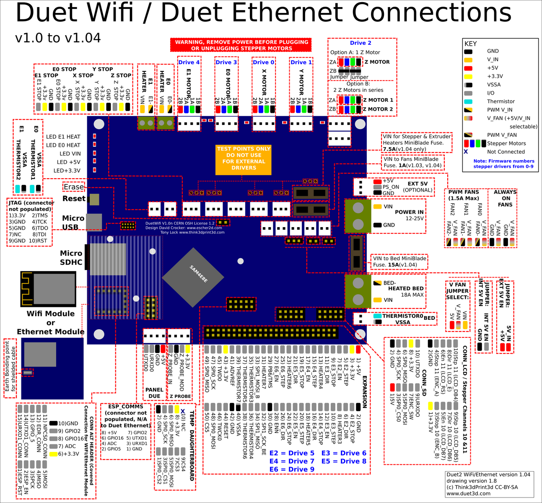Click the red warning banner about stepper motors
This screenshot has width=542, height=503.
[x=241, y=45]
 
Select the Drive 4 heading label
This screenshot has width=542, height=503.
[x=189, y=62]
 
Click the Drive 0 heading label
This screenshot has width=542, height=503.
[x=264, y=62]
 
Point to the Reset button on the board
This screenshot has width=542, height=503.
[x=94, y=199]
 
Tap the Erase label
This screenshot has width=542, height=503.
[x=73, y=187]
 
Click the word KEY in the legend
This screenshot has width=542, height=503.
[x=470, y=44]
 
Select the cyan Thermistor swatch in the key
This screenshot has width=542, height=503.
[x=468, y=101]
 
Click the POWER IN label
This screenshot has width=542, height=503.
[x=409, y=212]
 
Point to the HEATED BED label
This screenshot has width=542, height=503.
[x=406, y=288]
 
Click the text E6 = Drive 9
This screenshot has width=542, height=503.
[x=292, y=469]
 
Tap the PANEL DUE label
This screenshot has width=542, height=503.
[x=154, y=393]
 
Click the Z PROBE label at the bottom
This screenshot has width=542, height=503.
[x=180, y=396]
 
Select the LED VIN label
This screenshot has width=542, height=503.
[x=70, y=154]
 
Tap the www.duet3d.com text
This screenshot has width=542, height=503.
[x=468, y=493]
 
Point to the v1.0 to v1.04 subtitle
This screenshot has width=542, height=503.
[x=58, y=38]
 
